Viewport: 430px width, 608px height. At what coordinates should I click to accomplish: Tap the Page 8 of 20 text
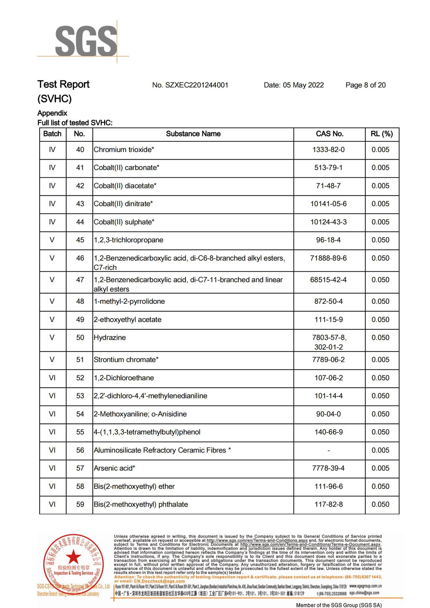point(365,85)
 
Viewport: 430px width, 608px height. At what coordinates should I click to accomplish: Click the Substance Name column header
point(193,134)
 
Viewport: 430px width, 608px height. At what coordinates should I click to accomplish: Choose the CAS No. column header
point(329,134)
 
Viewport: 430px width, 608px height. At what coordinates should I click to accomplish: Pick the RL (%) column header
point(382,134)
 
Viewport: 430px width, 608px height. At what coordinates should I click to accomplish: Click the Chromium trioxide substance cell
point(124,150)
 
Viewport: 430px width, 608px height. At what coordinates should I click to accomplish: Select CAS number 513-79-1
point(328,168)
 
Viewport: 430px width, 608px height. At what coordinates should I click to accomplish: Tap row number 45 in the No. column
point(80,240)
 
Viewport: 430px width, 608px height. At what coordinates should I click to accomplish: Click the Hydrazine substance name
point(110,338)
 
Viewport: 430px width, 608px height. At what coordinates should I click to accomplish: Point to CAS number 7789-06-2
point(328,360)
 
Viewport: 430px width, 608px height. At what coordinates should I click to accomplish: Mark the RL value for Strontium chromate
point(380,360)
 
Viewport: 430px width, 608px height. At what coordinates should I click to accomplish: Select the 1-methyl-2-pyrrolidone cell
point(129,301)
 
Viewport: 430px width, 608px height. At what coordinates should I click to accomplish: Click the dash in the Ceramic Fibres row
point(329,450)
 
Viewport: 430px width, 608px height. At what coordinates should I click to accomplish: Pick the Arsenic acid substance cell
point(114,468)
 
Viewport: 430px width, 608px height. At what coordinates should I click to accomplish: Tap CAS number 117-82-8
point(328,504)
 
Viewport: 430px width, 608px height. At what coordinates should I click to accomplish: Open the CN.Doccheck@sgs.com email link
point(159,581)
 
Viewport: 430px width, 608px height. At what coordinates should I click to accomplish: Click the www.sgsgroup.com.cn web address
point(365,586)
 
